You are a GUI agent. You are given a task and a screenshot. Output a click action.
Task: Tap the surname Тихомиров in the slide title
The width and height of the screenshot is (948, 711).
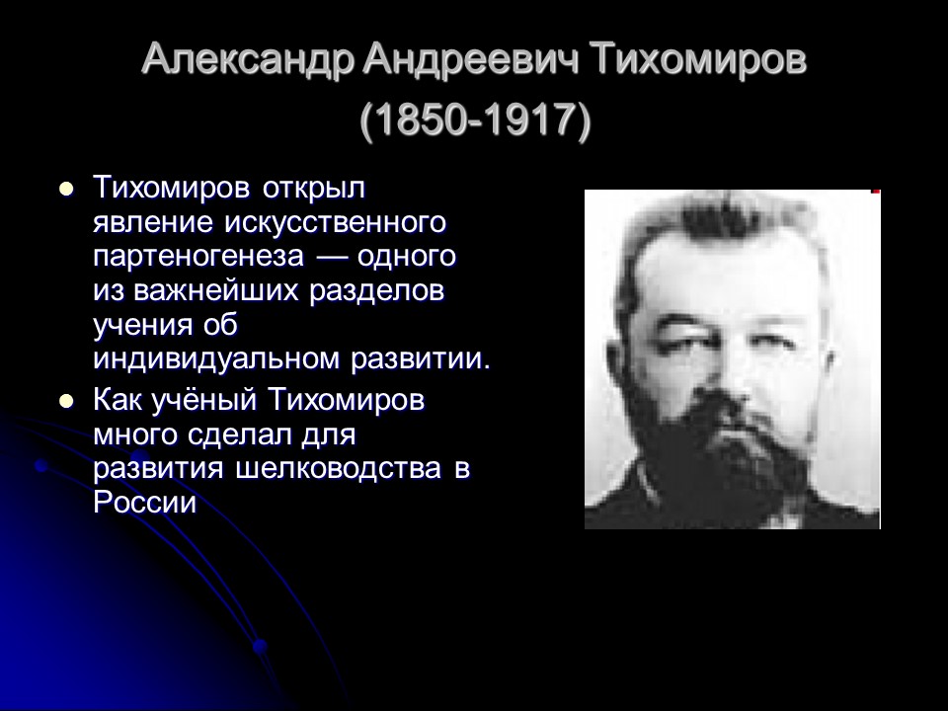point(700,61)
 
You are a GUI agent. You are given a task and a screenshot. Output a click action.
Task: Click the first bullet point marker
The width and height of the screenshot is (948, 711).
point(67,187)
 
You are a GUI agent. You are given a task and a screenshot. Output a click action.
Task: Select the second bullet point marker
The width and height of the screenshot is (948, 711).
point(67,401)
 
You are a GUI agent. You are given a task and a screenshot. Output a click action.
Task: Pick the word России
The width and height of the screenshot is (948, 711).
point(145,503)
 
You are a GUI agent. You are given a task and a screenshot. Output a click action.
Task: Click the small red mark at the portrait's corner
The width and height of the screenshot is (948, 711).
point(876,190)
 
